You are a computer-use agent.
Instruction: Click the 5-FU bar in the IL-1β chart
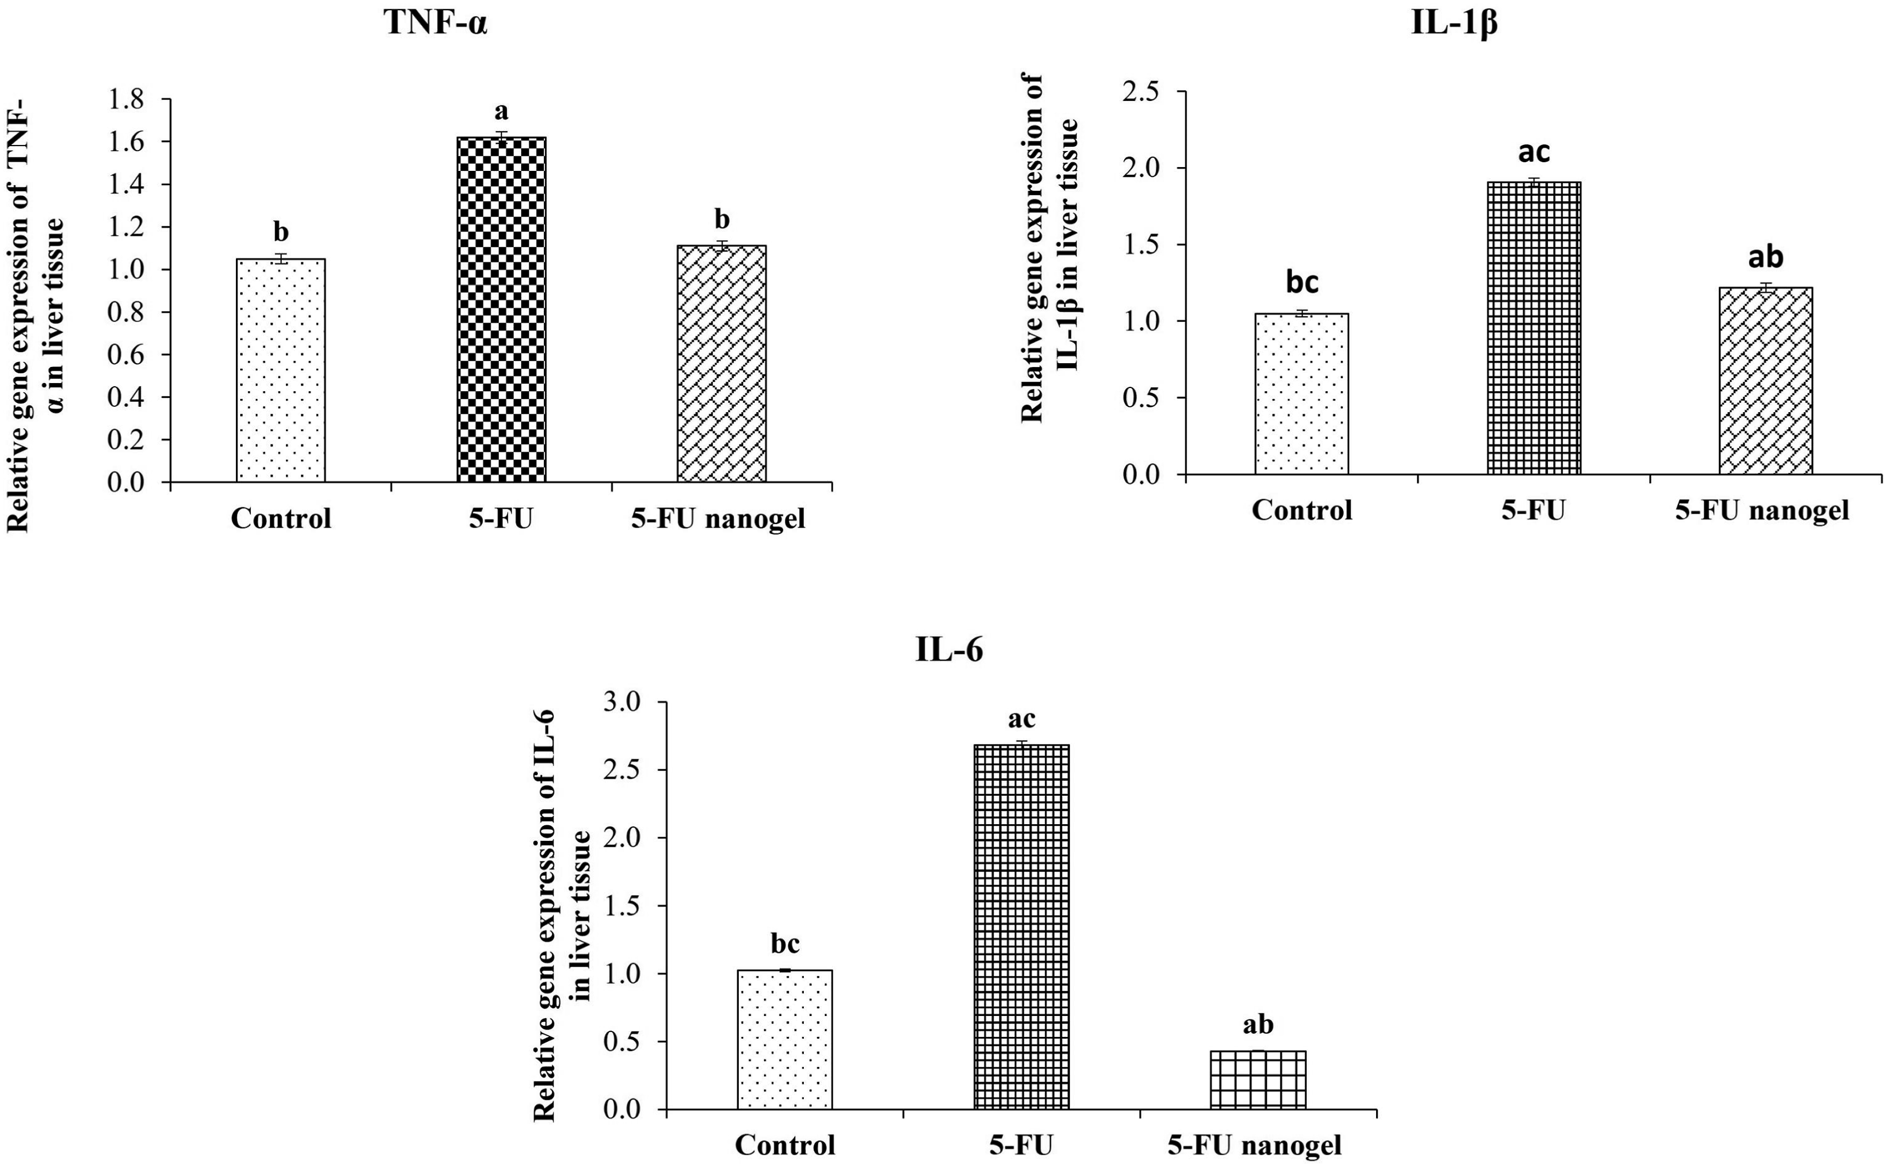(1534, 328)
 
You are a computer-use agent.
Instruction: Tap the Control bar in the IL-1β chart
(1302, 394)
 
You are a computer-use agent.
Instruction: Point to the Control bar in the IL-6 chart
(785, 1040)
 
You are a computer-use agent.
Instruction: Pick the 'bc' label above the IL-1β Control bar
(1302, 283)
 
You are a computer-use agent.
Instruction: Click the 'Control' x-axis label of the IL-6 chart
(785, 1144)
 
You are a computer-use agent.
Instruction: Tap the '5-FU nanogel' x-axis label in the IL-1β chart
(1762, 510)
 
